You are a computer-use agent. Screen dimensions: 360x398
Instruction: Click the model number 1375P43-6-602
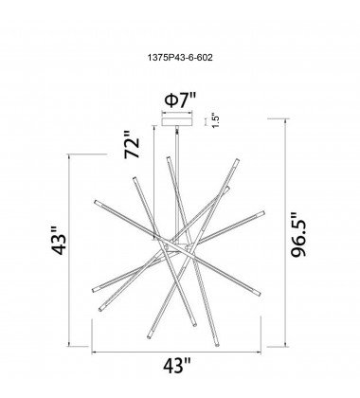point(180,58)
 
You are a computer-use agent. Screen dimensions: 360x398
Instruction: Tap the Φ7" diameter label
point(180,100)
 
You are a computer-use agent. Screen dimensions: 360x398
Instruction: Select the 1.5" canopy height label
point(215,120)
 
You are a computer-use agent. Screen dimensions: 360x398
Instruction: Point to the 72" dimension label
point(132,145)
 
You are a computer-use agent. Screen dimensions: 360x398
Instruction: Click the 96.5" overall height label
point(298,234)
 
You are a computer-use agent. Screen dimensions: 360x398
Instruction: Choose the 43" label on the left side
point(59,241)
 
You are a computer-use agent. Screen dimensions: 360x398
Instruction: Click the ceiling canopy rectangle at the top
point(177,121)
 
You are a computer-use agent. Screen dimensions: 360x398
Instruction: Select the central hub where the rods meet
point(177,247)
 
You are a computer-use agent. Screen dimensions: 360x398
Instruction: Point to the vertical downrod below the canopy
point(177,184)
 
